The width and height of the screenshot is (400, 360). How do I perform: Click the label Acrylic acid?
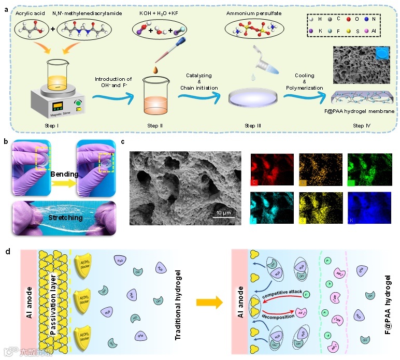click(x=33, y=12)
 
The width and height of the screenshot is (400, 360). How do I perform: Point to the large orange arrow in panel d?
click(x=207, y=302)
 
